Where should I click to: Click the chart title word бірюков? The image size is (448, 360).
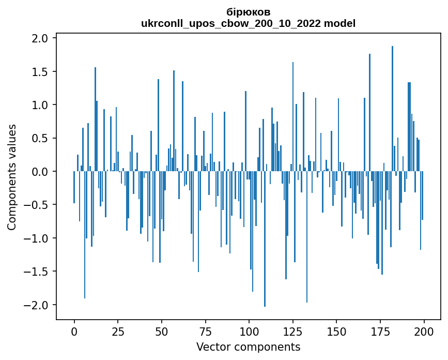coord(248,12)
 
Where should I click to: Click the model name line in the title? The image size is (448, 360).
coord(248,23)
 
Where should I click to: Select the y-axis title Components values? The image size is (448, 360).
coord(11,177)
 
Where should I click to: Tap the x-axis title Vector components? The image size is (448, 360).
coord(248,347)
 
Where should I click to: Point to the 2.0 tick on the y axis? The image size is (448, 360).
coord(41,38)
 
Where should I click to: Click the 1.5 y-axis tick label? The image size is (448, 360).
coord(41,71)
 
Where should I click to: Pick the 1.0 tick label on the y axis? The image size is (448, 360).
coord(41,105)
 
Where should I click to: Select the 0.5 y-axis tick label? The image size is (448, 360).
coord(41,138)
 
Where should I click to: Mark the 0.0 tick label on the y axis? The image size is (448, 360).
coord(41,172)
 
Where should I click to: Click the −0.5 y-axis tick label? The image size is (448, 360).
coord(37,205)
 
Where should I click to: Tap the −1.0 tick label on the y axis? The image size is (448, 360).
coord(37,238)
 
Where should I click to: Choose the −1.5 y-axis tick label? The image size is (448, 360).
coord(37,272)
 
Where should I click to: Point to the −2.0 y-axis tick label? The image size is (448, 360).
coord(37,305)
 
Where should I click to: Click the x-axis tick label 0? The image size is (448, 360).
coord(74,331)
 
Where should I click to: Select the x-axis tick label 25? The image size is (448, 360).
coord(118,331)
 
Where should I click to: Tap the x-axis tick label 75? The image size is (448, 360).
coord(205,331)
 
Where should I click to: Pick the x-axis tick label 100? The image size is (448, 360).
coord(249,331)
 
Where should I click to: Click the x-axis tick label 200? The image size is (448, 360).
coord(424,331)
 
